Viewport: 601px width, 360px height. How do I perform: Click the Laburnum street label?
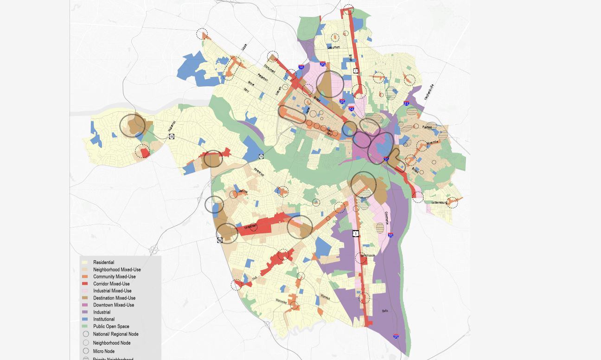[x=333, y=47]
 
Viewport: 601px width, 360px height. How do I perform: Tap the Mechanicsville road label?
[x=429, y=92]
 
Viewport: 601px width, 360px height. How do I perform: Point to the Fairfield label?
[x=427, y=127]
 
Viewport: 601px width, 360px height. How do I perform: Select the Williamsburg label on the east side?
[x=439, y=203]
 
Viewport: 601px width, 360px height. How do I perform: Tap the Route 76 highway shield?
[x=261, y=157]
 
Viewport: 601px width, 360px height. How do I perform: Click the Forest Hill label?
[x=259, y=172]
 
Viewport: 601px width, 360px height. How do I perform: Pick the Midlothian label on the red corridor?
[x=250, y=226]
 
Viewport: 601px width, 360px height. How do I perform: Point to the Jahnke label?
[x=243, y=191]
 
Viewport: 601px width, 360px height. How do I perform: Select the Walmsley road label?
[x=281, y=301]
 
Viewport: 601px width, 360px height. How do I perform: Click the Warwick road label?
[x=325, y=297]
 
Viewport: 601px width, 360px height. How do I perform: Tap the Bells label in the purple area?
[x=385, y=311]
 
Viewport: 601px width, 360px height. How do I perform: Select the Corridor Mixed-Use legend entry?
[x=111, y=284]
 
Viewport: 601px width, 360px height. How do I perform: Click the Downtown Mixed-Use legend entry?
[x=113, y=305]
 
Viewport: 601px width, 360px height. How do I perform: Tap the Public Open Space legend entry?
[x=111, y=327]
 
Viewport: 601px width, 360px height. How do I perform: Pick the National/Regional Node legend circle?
[x=86, y=334]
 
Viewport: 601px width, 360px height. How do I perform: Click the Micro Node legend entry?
[x=103, y=351]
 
